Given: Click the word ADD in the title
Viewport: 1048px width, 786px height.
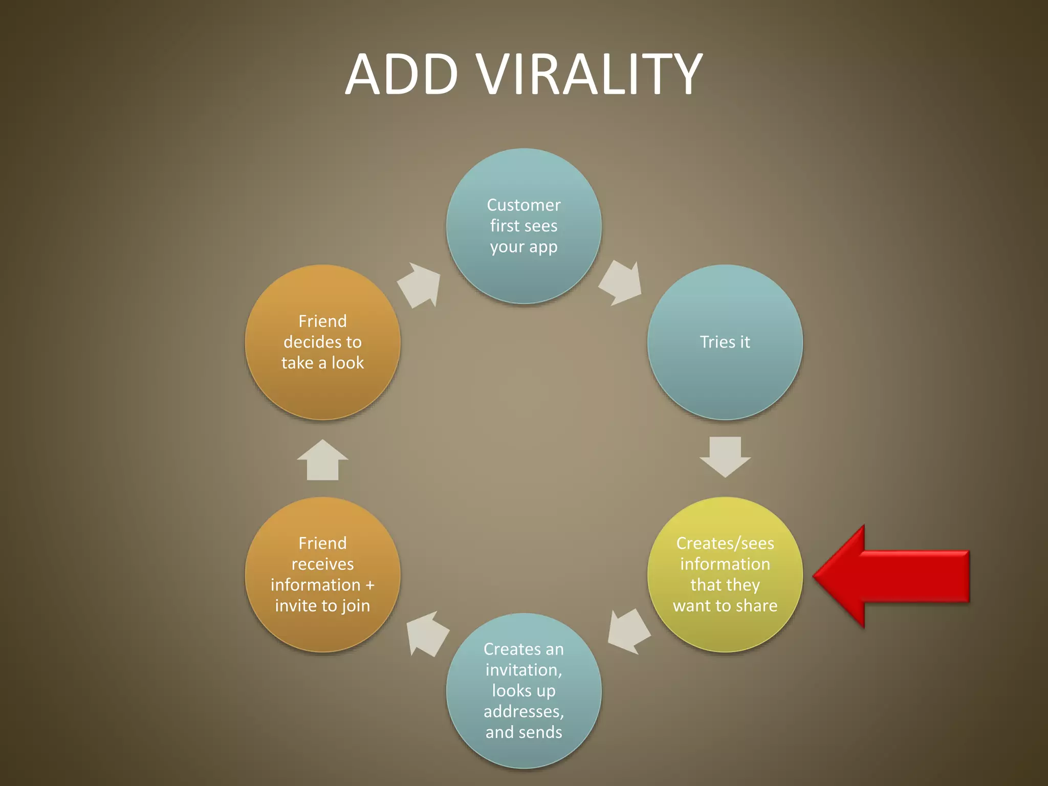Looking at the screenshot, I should click(402, 75).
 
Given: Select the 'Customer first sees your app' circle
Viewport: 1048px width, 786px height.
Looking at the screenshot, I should click(523, 226).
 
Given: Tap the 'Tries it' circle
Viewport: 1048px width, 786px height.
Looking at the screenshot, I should click(725, 342).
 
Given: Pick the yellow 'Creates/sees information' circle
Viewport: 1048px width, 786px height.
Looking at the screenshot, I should click(725, 574).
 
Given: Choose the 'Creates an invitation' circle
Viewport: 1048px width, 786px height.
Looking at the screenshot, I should click(523, 690).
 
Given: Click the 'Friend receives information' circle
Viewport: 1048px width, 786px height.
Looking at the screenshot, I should click(322, 574).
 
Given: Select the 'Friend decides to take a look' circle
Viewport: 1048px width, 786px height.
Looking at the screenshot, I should click(322, 342).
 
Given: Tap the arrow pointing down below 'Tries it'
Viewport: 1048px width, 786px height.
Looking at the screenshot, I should click(725, 455).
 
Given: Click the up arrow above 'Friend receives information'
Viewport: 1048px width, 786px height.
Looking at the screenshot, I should click(322, 461).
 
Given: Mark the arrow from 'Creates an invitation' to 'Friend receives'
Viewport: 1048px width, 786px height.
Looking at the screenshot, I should click(427, 634).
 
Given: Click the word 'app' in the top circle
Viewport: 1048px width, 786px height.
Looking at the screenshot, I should click(543, 247).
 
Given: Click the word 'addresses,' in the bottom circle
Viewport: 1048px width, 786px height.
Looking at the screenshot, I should click(523, 711).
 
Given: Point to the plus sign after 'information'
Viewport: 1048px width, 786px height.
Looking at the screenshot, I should click(370, 585).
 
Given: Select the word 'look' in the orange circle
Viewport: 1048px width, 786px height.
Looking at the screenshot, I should click(347, 363).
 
